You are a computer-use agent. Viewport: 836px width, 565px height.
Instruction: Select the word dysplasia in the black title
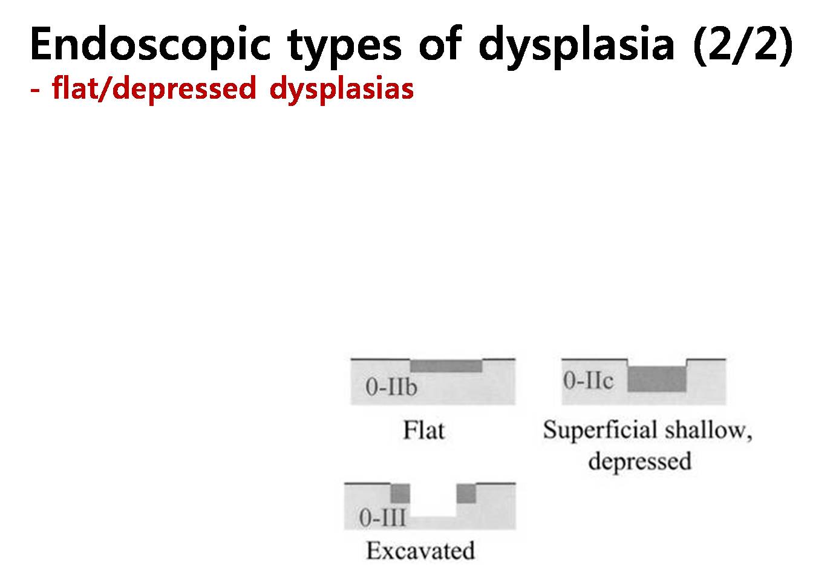576,47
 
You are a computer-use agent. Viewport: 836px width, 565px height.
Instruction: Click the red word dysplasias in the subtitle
342,90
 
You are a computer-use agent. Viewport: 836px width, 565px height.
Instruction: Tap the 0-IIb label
391,387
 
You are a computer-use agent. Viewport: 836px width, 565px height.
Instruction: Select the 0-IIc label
588,380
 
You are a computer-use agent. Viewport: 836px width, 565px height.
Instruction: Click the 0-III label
382,518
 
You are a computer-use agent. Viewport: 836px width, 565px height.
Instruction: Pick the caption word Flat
424,431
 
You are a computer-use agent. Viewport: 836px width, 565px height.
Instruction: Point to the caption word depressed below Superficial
639,462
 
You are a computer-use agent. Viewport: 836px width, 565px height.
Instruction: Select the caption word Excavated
420,550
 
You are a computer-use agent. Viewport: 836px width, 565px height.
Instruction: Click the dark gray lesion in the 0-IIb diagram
446,366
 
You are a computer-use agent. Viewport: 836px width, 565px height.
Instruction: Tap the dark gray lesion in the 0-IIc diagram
657,379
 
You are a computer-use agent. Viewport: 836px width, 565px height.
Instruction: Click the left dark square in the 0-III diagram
400,494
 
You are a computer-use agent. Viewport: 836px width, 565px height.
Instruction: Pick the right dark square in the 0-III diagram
466,494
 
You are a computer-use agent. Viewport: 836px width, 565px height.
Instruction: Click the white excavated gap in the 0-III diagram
433,500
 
